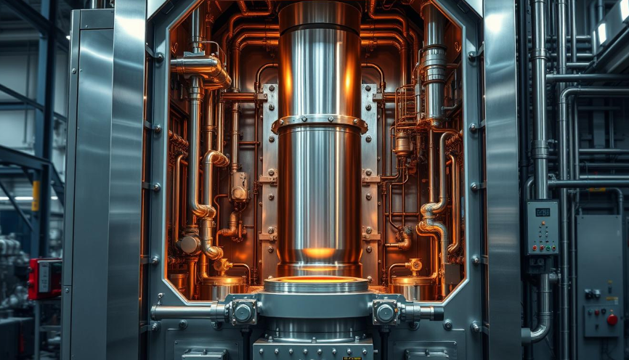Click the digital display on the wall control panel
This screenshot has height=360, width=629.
pos(543,212)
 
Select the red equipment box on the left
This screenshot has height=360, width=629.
pos(44,278)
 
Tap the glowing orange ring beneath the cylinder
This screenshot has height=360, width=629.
pos(316,280)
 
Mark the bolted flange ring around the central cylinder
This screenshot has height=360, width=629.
pos(319,124)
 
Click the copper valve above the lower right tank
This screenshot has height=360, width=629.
pos(415,266)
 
